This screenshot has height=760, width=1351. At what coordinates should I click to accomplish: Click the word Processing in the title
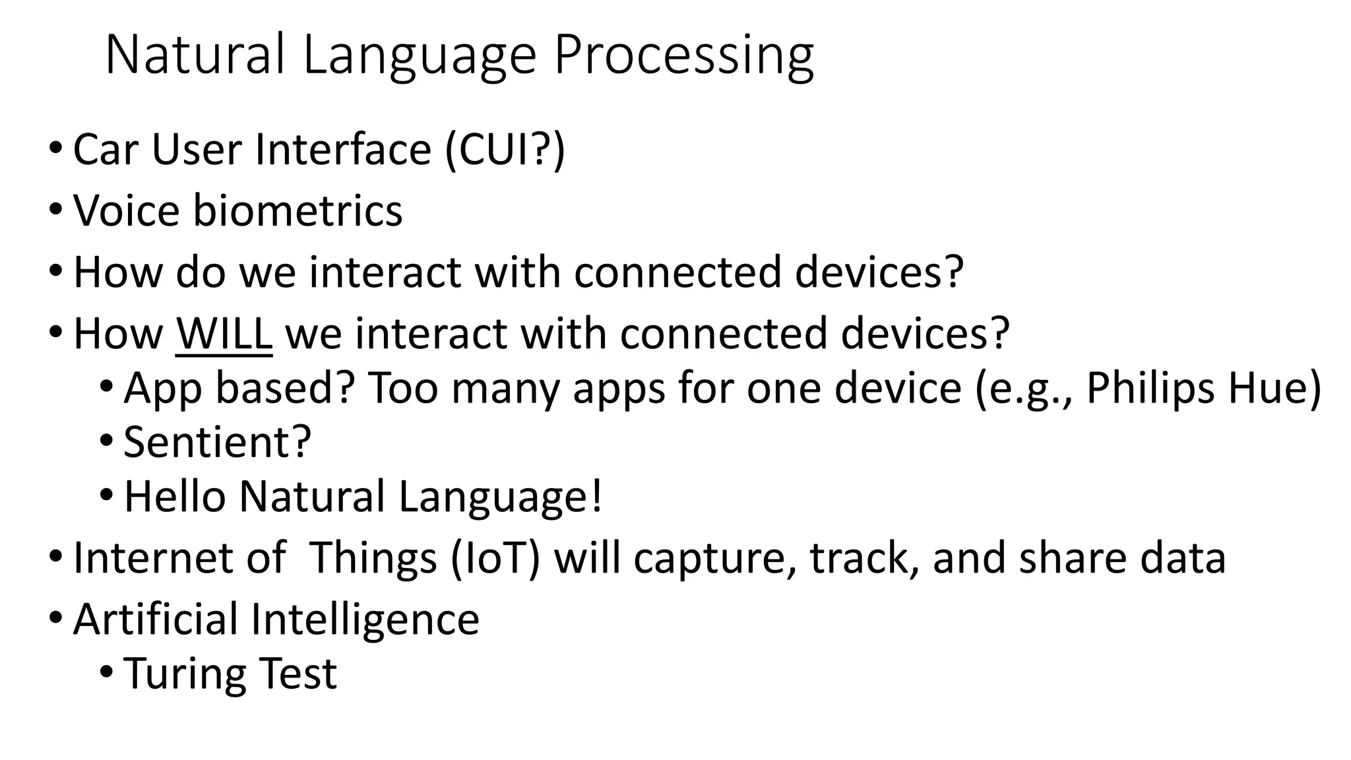tap(683, 55)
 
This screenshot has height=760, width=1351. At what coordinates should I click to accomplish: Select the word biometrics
tap(297, 211)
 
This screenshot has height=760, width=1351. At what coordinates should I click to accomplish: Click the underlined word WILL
tap(224, 334)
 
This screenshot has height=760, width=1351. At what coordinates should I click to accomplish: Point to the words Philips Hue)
tap(1203, 388)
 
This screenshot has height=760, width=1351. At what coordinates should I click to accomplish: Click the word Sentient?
tap(217, 442)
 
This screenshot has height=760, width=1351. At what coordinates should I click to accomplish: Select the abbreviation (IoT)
tap(495, 558)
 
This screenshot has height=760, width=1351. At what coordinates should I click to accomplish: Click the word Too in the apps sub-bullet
tap(402, 388)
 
